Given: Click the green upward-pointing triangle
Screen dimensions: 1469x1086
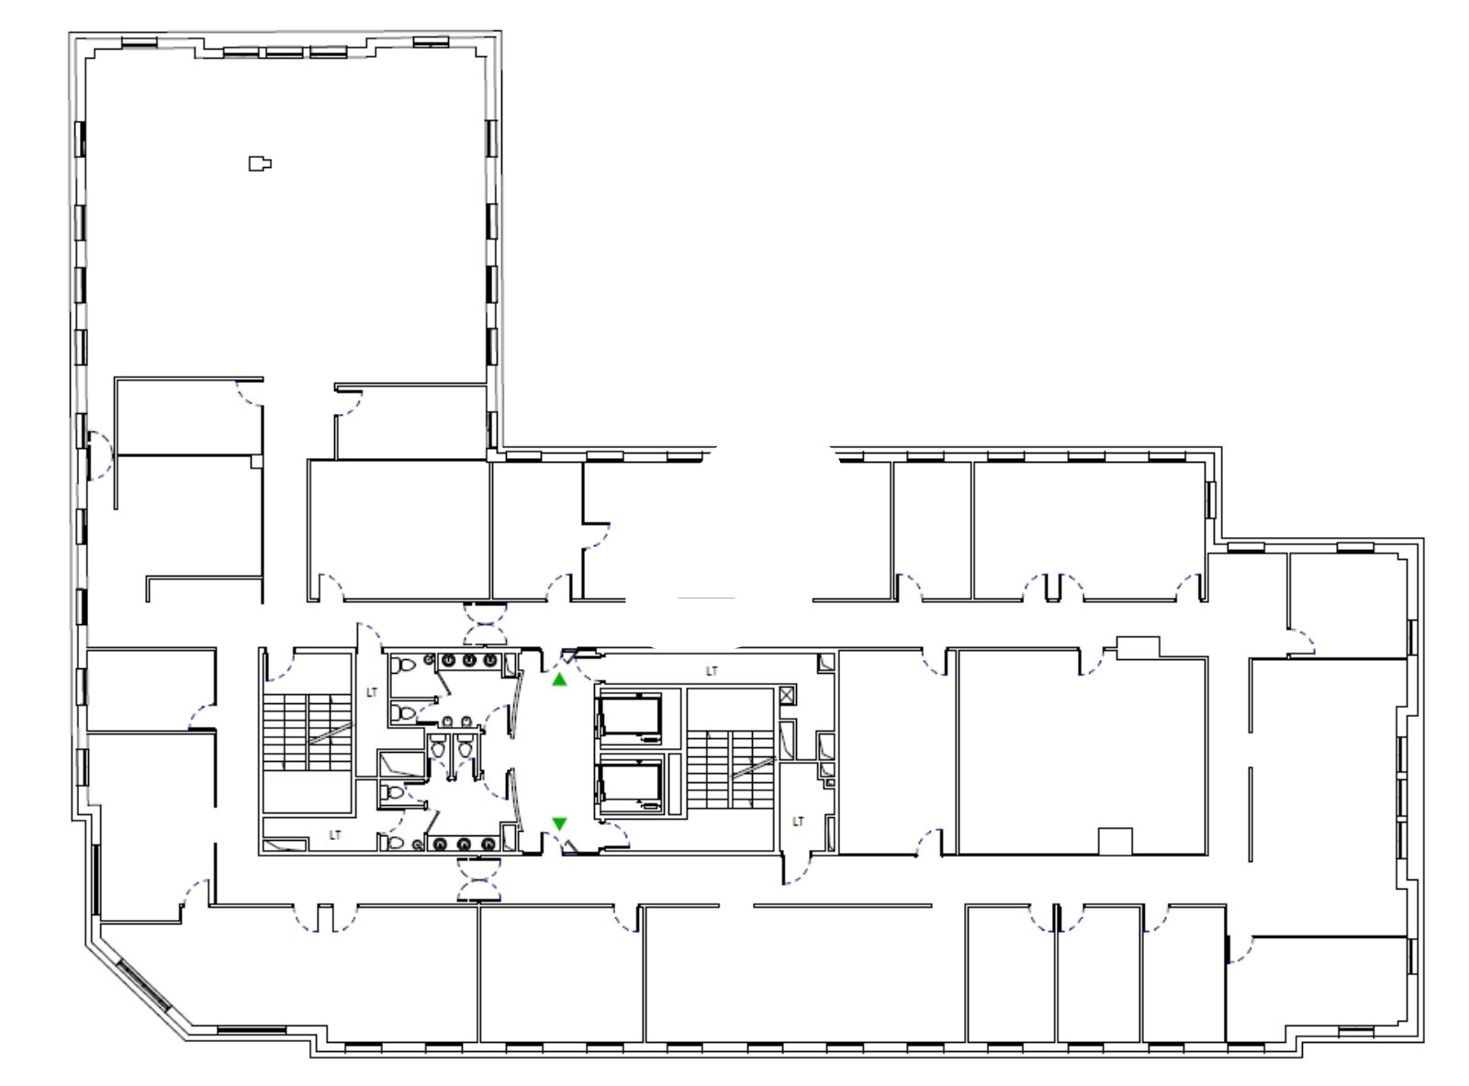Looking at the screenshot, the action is point(560,679).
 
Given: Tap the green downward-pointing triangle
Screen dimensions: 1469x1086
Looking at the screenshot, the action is point(560,823).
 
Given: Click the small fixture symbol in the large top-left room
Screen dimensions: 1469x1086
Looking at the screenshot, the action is point(260,163).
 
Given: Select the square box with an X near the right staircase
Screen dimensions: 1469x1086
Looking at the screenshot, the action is point(786,695).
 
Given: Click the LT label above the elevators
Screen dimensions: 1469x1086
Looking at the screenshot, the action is point(712,671).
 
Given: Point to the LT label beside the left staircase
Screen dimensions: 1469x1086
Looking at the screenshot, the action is point(372,692).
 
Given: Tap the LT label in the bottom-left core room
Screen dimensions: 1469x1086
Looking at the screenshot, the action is point(335,835).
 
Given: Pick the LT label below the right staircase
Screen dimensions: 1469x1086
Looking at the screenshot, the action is point(798,821).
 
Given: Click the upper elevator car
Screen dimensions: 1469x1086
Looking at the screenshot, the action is point(630,716).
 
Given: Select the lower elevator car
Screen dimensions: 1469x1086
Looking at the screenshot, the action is point(630,788).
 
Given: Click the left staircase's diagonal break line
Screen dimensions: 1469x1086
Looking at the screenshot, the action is point(331,735).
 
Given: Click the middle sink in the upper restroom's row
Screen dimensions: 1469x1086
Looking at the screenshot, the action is point(469,660).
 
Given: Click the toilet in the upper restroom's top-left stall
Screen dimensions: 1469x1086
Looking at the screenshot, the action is point(400,665).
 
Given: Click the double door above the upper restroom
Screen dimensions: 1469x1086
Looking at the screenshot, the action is point(485,624).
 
